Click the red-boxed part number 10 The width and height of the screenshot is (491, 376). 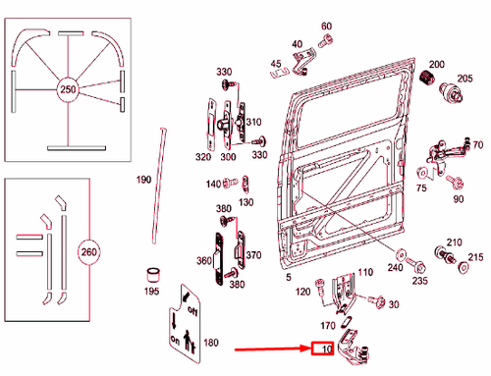pos(323,349)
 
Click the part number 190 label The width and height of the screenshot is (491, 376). pos(143,180)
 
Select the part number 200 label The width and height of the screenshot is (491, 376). pos(436,64)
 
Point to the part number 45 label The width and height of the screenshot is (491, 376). pos(276,65)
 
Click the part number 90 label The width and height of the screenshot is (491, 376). pos(458,199)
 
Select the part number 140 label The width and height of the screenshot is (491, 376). pos(213,184)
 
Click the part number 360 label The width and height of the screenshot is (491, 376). pos(204,261)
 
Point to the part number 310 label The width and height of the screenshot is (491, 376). pos(254,123)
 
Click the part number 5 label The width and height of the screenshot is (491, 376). pos(288,279)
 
